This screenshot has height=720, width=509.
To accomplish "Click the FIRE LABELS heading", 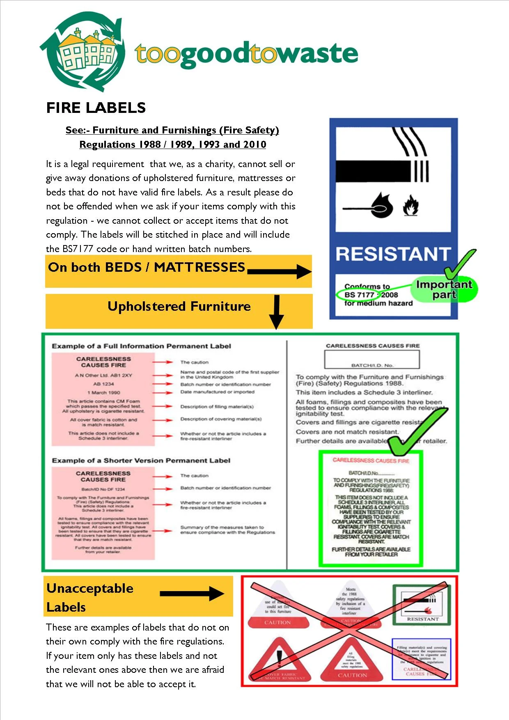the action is pyautogui.click(x=96, y=108).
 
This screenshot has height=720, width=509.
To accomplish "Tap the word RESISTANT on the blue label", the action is pyautogui.click(x=393, y=254).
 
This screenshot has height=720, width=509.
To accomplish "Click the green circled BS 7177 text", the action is pyautogui.click(x=360, y=295).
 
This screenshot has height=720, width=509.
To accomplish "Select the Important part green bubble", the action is pyautogui.click(x=444, y=289).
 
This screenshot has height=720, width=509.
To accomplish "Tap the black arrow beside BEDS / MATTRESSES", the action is pyautogui.click(x=279, y=271).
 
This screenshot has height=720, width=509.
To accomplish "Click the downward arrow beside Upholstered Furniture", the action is pyautogui.click(x=276, y=312).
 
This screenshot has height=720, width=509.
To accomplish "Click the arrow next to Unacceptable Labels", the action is pyautogui.click(x=192, y=594).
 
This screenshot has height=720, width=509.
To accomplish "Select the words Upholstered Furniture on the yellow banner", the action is pyautogui.click(x=179, y=307).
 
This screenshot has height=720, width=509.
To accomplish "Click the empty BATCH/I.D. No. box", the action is pyautogui.click(x=372, y=360).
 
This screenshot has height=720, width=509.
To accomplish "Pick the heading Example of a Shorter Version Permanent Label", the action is pyautogui.click(x=141, y=461).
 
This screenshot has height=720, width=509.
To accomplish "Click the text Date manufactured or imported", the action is pyautogui.click(x=217, y=392).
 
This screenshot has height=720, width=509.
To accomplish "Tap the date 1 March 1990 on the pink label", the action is pyautogui.click(x=103, y=392).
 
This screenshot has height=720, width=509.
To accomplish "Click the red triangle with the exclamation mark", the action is pyautogui.click(x=280, y=660).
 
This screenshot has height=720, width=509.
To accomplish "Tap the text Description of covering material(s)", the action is pyautogui.click(x=221, y=419).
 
